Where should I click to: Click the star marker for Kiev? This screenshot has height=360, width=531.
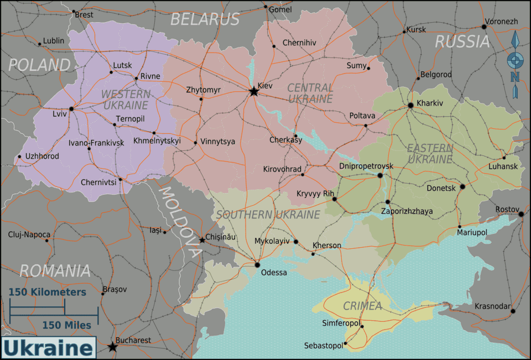[253, 91]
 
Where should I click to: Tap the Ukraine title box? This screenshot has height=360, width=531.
[48, 348]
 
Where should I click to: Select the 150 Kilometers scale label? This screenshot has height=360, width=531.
[47, 291]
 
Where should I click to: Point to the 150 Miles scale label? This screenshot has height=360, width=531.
[67, 325]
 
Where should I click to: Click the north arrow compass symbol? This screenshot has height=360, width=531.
[514, 64]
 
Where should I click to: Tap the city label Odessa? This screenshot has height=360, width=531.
[274, 273]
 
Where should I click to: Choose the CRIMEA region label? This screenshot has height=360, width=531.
[362, 306]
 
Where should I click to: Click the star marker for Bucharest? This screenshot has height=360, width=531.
[112, 347]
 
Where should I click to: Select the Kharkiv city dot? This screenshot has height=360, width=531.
[410, 105]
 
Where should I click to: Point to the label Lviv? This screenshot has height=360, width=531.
[59, 114]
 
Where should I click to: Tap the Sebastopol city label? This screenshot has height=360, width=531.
[323, 346]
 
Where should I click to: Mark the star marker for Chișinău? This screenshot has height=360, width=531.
[202, 240]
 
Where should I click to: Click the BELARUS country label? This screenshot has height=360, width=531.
[204, 19]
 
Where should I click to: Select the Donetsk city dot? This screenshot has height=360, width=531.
[462, 187]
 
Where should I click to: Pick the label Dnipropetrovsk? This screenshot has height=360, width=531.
[366, 166]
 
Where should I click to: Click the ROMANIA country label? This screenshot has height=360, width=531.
[55, 270]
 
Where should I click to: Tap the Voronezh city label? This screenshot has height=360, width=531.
[501, 22]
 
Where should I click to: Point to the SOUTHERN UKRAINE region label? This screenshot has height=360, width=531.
[268, 215]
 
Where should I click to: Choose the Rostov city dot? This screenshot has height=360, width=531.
[520, 214]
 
